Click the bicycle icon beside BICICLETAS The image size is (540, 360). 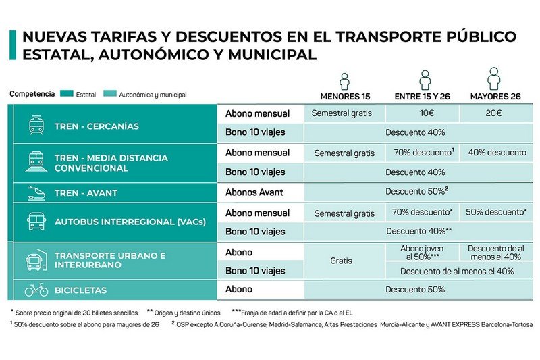(x=36, y=290)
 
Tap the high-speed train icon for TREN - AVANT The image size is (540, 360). (x=36, y=193)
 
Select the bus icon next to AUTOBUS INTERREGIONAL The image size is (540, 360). (x=36, y=221)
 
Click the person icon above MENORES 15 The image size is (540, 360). (x=344, y=81)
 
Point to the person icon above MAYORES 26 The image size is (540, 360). (x=494, y=78)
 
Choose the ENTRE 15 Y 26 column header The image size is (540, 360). (x=423, y=97)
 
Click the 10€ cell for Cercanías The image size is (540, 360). (x=423, y=113)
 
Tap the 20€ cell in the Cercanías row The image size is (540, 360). (x=496, y=113)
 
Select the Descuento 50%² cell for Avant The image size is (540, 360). (x=418, y=192)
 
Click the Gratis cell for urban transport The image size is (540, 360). (x=344, y=261)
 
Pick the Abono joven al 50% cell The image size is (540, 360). (x=423, y=253)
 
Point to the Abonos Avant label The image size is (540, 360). (x=254, y=192)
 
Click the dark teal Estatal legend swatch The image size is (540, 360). (x=67, y=93)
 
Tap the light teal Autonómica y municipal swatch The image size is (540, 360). (x=110, y=93)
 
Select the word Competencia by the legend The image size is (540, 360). (x=32, y=94)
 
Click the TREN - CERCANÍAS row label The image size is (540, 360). (x=97, y=126)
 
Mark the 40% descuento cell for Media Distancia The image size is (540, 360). (x=496, y=153)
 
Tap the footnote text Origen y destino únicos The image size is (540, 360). (x=188, y=313)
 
